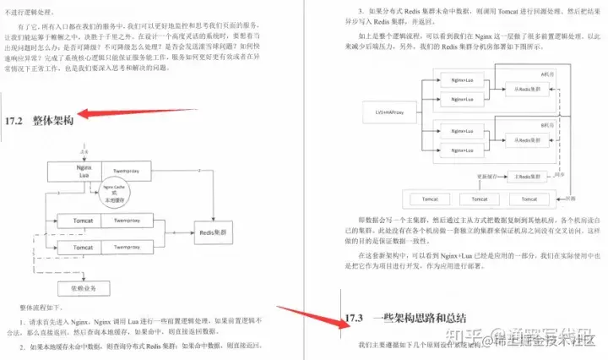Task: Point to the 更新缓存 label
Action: (x=464, y=175)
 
